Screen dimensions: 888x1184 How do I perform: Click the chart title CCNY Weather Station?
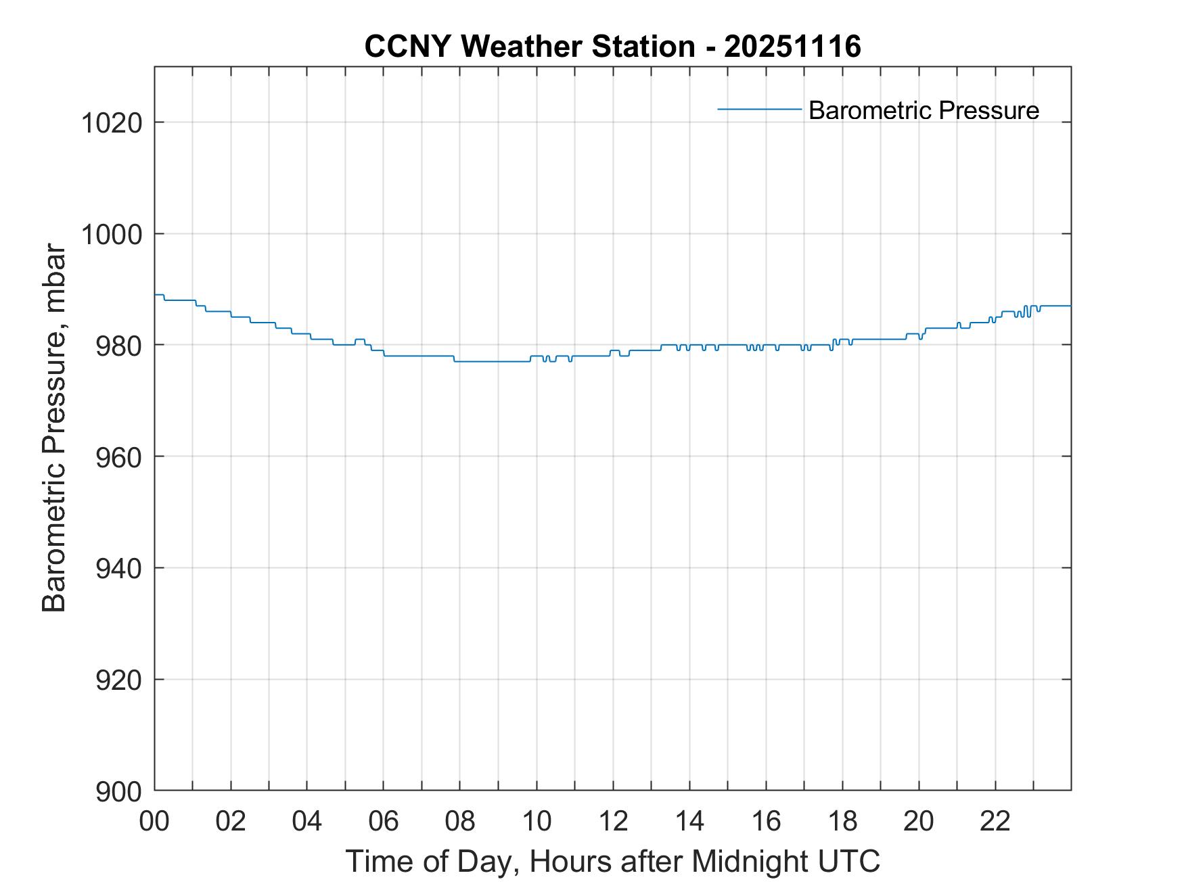(x=530, y=47)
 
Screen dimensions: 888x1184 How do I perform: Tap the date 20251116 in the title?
(x=792, y=47)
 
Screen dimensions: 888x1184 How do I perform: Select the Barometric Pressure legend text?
(x=924, y=110)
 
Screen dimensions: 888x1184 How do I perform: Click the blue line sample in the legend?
(x=760, y=109)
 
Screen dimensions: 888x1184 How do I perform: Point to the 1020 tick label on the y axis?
(x=112, y=123)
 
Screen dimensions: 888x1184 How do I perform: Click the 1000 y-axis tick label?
(x=112, y=234)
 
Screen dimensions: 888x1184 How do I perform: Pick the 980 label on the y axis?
(x=118, y=346)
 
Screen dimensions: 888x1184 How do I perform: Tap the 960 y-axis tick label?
(x=118, y=457)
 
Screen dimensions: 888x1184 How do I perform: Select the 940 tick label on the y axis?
(x=118, y=568)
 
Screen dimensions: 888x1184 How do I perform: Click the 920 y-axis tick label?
(x=118, y=679)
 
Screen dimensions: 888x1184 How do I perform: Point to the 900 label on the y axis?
(x=118, y=791)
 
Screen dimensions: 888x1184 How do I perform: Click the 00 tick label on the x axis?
(x=154, y=821)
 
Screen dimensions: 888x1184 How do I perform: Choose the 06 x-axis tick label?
(x=384, y=821)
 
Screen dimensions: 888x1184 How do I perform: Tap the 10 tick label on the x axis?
(x=537, y=821)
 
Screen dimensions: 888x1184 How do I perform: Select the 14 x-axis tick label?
(x=689, y=821)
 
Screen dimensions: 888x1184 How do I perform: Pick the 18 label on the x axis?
(x=842, y=821)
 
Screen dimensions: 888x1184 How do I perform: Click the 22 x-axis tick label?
(x=995, y=821)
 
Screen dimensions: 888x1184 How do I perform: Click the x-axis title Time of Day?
(x=612, y=862)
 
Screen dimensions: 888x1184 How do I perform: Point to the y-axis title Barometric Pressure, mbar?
(x=54, y=428)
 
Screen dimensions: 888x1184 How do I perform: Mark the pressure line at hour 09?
(x=498, y=362)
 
